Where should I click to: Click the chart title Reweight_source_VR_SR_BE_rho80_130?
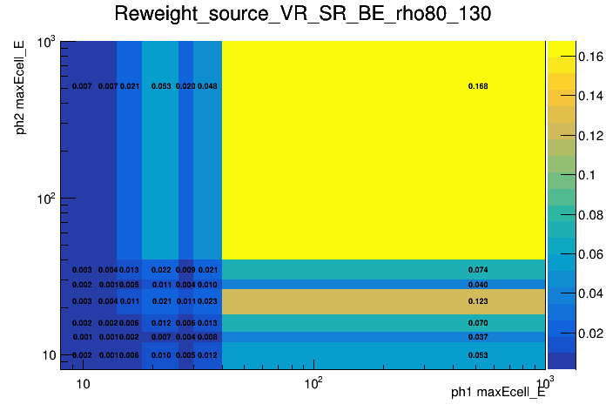click(x=302, y=15)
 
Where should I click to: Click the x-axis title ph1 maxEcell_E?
click(x=498, y=393)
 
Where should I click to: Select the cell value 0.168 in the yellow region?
click(x=478, y=86)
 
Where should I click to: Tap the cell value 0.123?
click(x=478, y=301)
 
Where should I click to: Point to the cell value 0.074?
click(x=478, y=270)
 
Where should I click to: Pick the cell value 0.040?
click(x=478, y=285)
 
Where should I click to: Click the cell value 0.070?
click(x=478, y=323)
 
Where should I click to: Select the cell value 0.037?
click(x=478, y=337)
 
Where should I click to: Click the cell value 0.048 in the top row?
click(x=207, y=86)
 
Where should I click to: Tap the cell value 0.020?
click(x=185, y=86)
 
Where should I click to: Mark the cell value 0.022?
click(x=161, y=270)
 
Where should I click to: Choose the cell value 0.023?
click(x=207, y=301)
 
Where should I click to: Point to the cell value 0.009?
click(x=185, y=270)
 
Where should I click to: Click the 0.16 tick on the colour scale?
click(x=568, y=57)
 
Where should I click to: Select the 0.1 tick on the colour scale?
click(x=564, y=175)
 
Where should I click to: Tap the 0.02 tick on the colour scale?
click(x=568, y=333)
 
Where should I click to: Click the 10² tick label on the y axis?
click(x=46, y=199)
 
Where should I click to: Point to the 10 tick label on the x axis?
click(x=83, y=383)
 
